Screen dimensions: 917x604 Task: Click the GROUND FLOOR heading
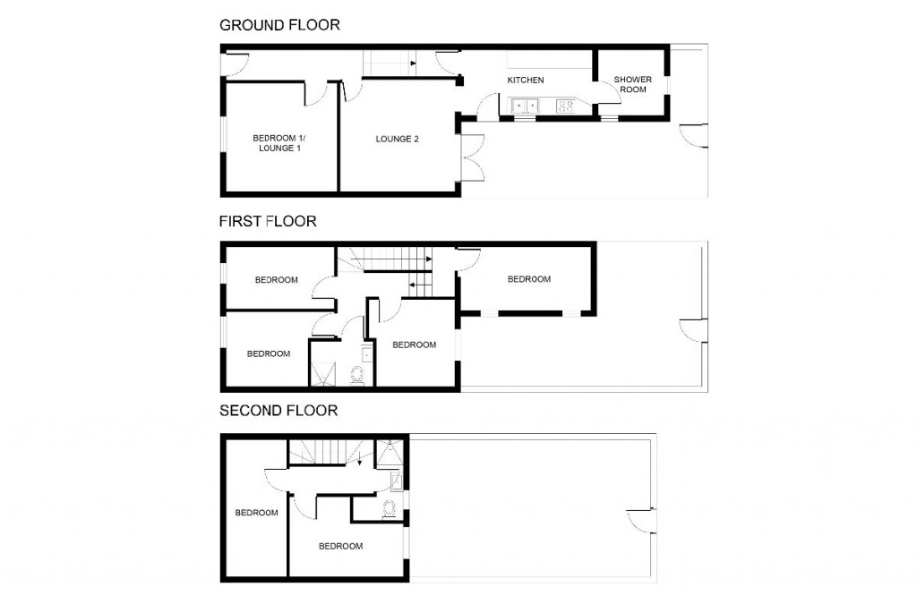click(279, 25)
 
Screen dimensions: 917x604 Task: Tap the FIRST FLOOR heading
click(268, 221)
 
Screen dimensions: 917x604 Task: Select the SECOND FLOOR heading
click(279, 411)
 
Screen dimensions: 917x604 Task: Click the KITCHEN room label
click(525, 80)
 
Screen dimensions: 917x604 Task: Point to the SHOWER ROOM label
click(633, 84)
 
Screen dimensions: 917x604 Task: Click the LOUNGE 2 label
click(397, 139)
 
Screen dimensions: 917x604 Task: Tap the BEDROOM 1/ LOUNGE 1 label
click(279, 143)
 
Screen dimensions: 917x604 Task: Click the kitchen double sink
click(525, 106)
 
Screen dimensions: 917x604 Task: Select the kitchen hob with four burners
click(566, 106)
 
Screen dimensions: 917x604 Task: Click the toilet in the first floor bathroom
click(357, 376)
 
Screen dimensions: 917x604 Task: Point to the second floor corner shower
click(390, 452)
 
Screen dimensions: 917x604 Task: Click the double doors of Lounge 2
click(474, 157)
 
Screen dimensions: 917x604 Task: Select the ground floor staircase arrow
click(413, 64)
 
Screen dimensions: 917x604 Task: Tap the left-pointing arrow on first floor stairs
click(420, 285)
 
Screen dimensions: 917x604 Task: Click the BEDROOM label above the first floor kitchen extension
click(528, 279)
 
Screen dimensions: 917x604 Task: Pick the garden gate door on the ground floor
click(694, 135)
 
